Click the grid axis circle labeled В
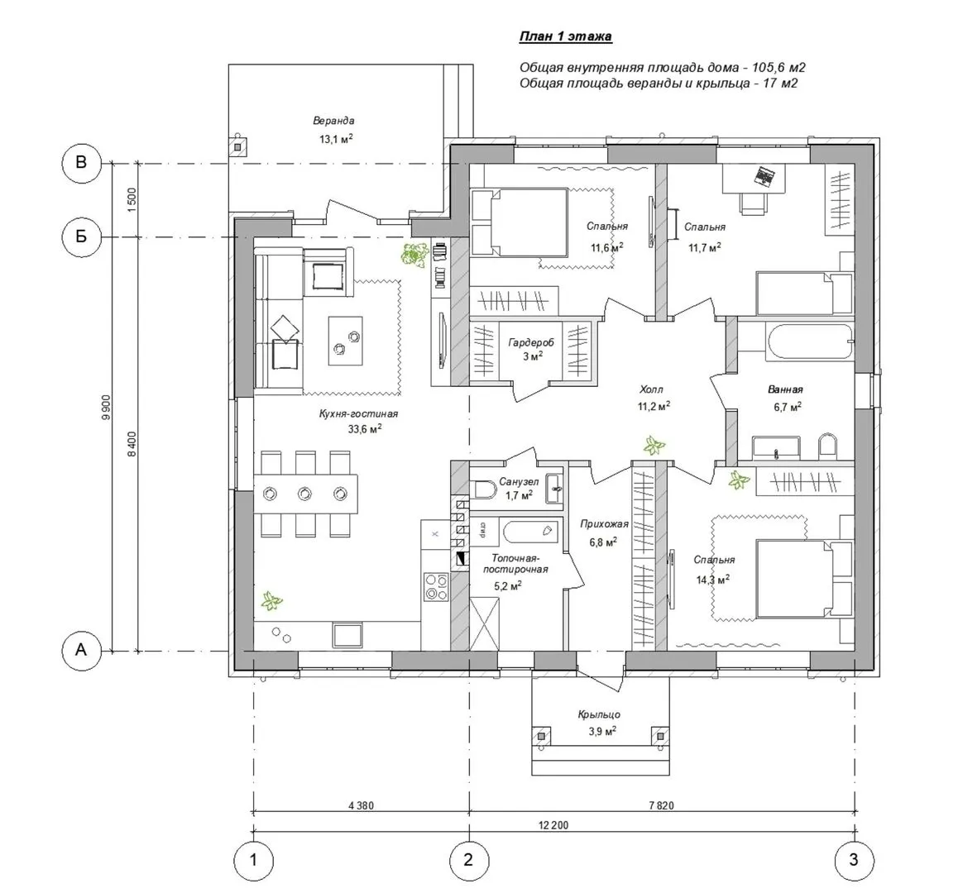(81, 163)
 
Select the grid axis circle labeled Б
(81, 237)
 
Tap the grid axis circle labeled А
(81, 650)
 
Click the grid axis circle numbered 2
(468, 860)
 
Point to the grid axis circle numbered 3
(853, 860)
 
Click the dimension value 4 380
(361, 806)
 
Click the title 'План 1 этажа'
(566, 37)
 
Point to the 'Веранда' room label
(333, 121)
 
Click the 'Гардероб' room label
(530, 342)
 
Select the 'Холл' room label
(651, 389)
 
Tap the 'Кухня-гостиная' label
(359, 414)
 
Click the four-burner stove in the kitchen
(436, 586)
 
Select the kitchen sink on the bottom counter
(347, 635)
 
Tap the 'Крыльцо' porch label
(599, 715)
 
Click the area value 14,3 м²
(712, 579)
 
